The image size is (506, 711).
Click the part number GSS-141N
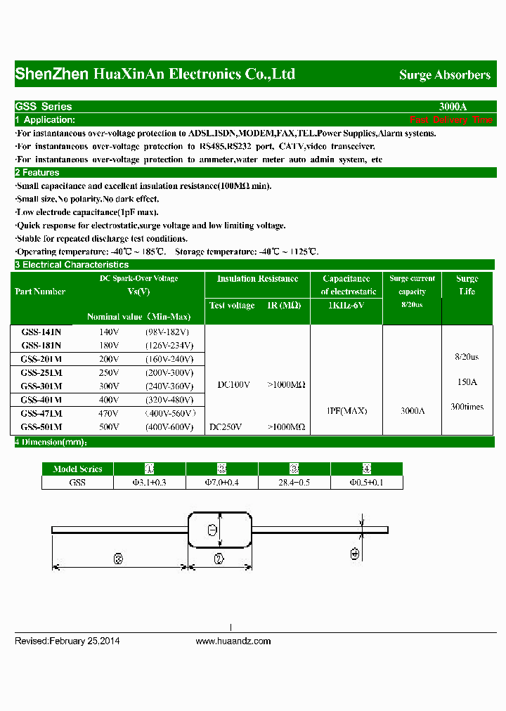[41, 331]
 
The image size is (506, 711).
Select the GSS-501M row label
[41, 426]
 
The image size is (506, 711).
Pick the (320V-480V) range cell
[169, 399]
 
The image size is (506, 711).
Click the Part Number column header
[40, 292]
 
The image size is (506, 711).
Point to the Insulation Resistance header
[257, 279]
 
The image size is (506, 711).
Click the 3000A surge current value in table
[413, 411]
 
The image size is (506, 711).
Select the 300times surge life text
[467, 407]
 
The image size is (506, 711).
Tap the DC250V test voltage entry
[226, 426]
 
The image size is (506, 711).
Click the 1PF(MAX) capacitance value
[347, 411]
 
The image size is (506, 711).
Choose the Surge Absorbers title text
[445, 74]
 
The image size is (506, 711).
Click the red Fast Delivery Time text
[451, 120]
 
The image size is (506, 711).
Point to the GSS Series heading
[44, 107]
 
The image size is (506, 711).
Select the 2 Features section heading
[37, 173]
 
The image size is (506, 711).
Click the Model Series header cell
[77, 469]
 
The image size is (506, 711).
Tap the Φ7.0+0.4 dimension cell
[222, 483]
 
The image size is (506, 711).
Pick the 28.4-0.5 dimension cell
[294, 483]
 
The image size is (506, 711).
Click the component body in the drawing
[219, 530]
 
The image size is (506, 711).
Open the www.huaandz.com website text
[233, 641]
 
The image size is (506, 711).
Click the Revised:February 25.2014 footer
[67, 641]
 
